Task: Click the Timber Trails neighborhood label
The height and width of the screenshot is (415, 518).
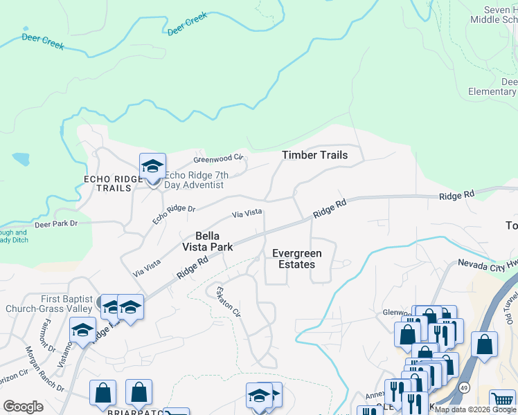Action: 314,155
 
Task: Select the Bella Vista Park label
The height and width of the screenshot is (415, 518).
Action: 207,241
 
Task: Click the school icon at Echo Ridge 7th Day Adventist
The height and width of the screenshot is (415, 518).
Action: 152,167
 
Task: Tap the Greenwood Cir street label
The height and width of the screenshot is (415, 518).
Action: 219,158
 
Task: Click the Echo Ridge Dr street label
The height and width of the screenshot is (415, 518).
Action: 175,214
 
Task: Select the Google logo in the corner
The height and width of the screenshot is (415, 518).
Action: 23,407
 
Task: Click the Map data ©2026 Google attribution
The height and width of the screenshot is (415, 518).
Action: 475,409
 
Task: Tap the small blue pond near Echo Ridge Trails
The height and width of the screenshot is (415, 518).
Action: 21,159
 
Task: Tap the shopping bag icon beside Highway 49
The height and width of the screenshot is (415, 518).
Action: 485,344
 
